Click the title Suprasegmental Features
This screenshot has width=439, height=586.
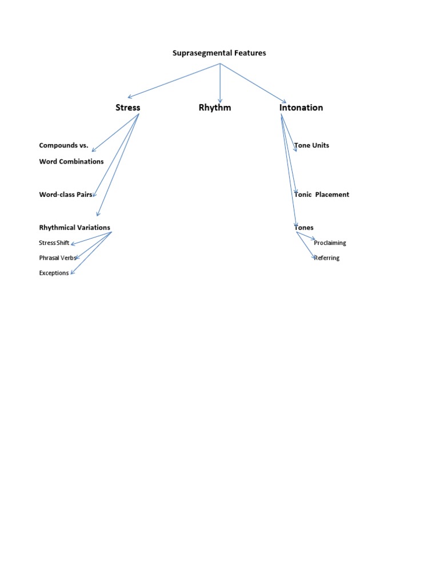[219, 53]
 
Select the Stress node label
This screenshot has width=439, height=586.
[127, 108]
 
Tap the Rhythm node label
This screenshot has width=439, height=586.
[215, 108]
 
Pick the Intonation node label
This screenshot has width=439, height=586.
[301, 108]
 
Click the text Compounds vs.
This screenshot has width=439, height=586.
[63, 145]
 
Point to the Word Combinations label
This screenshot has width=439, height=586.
[71, 161]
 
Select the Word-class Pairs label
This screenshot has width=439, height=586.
[66, 195]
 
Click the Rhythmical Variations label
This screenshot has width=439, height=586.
[74, 228]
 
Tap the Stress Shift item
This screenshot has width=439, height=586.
[54, 243]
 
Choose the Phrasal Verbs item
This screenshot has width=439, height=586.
[57, 258]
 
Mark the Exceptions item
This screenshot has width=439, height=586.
[54, 273]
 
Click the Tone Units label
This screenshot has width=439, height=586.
[312, 145]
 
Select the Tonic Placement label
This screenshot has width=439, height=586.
[322, 195]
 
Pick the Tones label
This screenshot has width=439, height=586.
[304, 228]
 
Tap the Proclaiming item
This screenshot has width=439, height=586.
[330, 243]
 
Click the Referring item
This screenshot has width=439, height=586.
[327, 258]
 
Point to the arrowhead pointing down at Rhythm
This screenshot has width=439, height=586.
[220, 101]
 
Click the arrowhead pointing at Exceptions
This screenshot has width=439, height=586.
[72, 273]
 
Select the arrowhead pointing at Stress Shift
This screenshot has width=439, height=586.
[72, 244]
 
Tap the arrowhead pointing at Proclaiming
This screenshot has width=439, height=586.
[313, 239]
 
